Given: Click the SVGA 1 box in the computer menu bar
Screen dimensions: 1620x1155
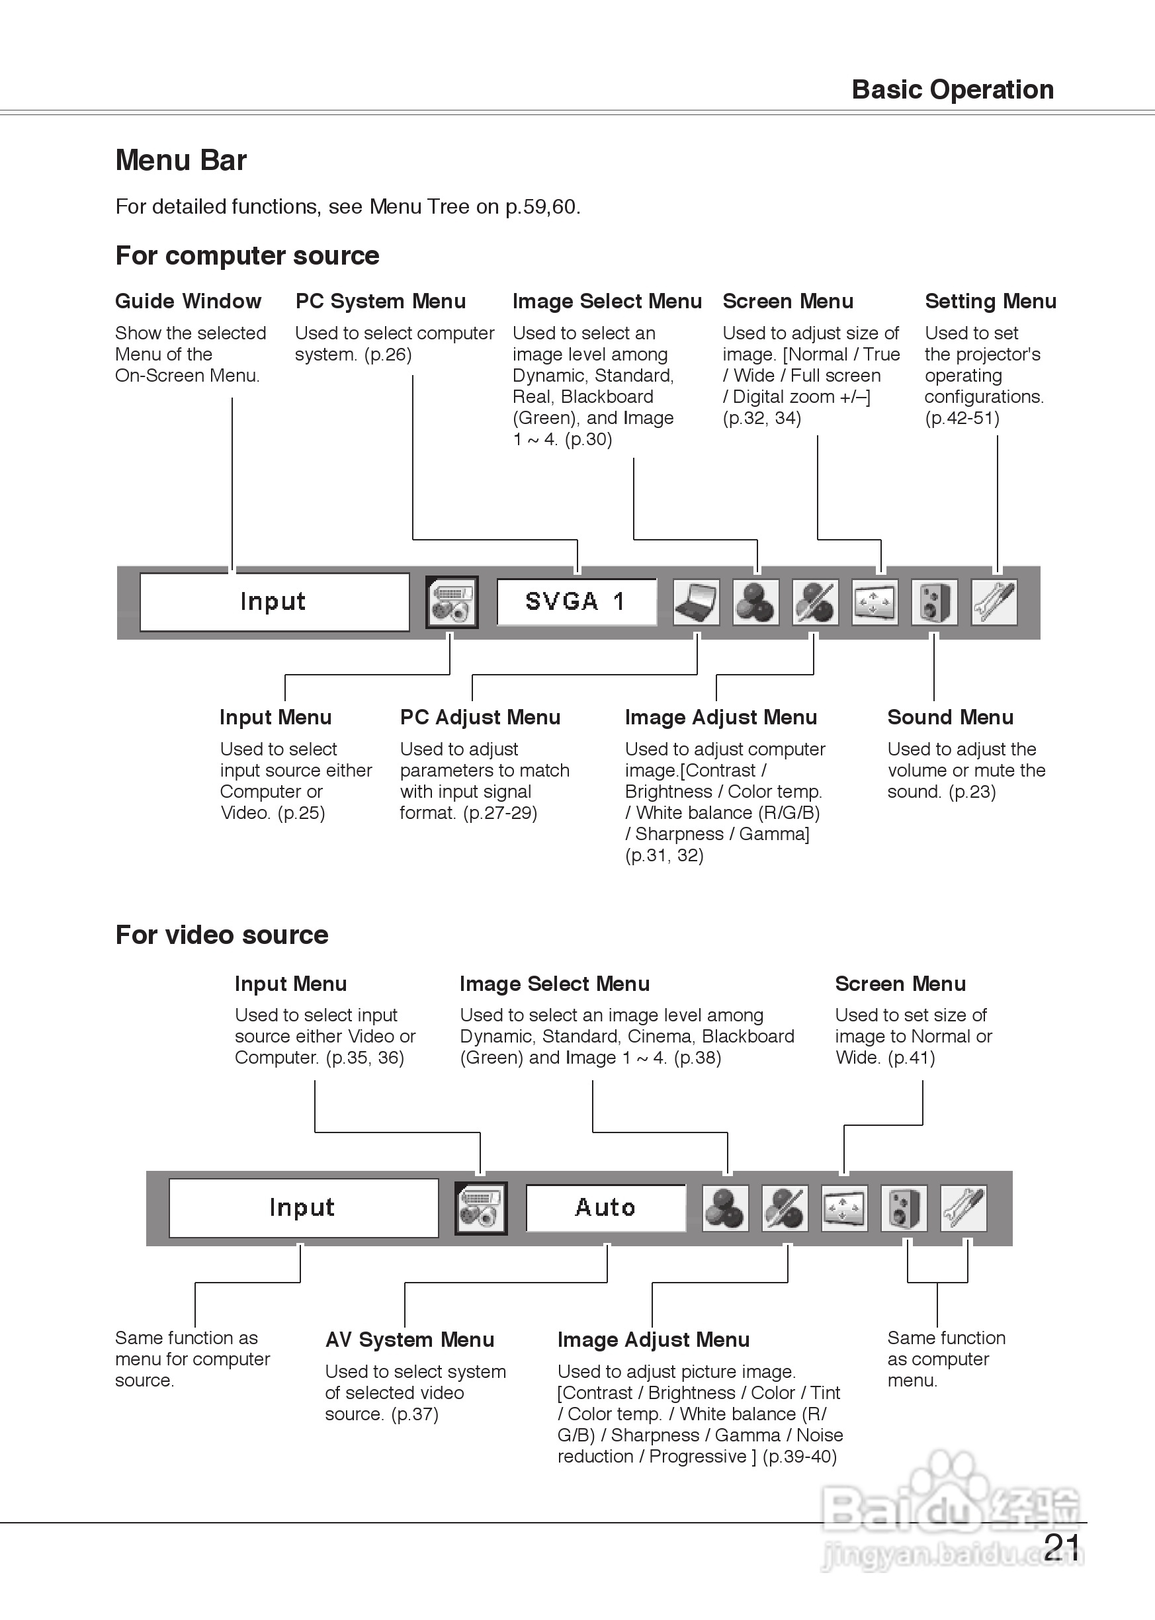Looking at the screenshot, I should [576, 602].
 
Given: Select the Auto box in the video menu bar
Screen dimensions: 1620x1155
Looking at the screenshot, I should [605, 1207].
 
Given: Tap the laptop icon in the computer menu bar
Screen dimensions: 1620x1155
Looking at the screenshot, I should [697, 603].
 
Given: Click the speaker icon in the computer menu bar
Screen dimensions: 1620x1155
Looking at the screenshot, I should [934, 603].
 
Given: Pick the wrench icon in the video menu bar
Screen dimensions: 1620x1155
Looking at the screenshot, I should [964, 1207].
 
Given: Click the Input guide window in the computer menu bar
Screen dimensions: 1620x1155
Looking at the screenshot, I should [275, 602].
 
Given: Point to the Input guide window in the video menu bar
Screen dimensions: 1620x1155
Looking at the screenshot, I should [303, 1207].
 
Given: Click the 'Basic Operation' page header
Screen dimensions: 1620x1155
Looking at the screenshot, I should [953, 89].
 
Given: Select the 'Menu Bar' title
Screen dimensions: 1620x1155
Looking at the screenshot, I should [181, 160].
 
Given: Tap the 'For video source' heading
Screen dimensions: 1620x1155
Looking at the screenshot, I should [222, 935].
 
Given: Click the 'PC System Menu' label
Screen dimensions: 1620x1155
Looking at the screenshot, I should [380, 301].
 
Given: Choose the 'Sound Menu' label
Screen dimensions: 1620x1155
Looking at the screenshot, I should [950, 717].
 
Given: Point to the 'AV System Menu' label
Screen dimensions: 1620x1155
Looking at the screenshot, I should [409, 1339].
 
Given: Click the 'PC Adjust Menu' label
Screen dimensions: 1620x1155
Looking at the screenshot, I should [480, 717].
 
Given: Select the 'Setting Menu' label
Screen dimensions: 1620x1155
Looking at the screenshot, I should [990, 301].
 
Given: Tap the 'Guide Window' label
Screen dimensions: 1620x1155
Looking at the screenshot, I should [188, 301].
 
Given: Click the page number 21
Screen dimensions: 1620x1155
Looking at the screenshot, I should [1062, 1546].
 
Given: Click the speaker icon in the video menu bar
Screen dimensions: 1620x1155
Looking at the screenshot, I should [904, 1207].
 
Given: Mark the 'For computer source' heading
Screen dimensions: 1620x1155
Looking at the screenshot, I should [247, 255].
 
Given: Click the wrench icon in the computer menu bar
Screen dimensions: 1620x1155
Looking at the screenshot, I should [994, 603].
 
